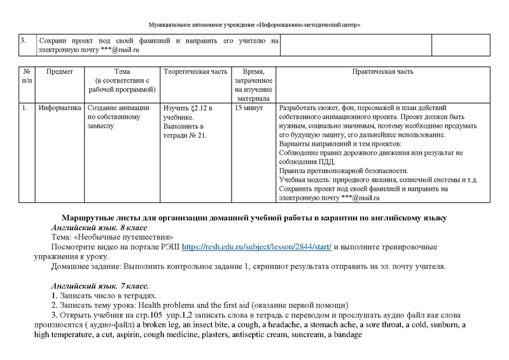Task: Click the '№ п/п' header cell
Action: pyautogui.click(x=26, y=77)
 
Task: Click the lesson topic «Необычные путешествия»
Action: pyautogui.click(x=125, y=237)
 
